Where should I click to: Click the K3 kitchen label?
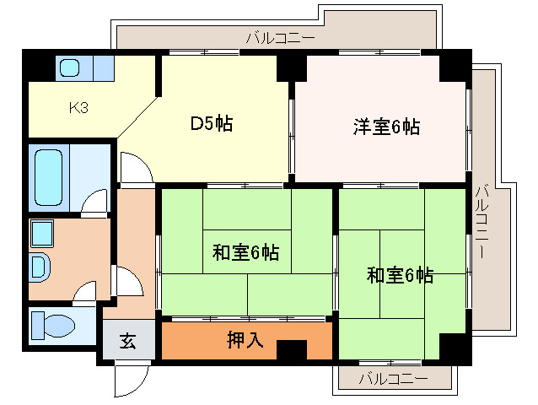78,108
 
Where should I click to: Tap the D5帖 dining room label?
211,124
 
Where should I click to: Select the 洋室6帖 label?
385,127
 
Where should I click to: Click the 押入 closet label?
245,341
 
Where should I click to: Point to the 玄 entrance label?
127,341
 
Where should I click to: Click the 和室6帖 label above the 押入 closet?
245,251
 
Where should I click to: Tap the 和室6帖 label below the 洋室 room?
400,275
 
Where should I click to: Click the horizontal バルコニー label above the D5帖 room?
281,37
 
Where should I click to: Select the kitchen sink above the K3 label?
69,67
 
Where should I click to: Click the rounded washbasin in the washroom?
40,267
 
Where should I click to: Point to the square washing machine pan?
41,233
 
